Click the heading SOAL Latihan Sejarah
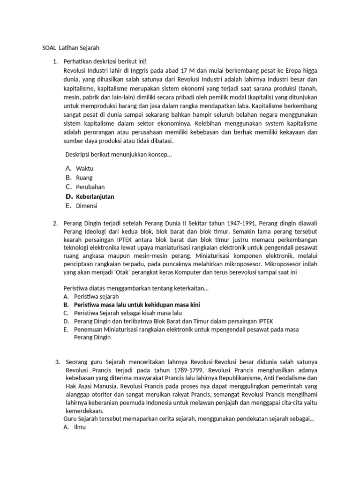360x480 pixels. (x=68, y=48)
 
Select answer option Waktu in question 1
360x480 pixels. (x=85, y=168)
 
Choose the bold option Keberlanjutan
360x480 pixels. (x=95, y=196)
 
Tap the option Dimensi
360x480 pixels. (x=87, y=205)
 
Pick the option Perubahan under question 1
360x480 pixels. (x=90, y=187)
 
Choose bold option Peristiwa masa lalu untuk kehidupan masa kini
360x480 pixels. (x=137, y=305)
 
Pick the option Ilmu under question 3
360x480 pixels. (x=81, y=427)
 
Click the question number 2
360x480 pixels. (x=55, y=223)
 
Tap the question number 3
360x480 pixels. (x=58, y=362)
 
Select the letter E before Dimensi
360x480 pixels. (x=68, y=205)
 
